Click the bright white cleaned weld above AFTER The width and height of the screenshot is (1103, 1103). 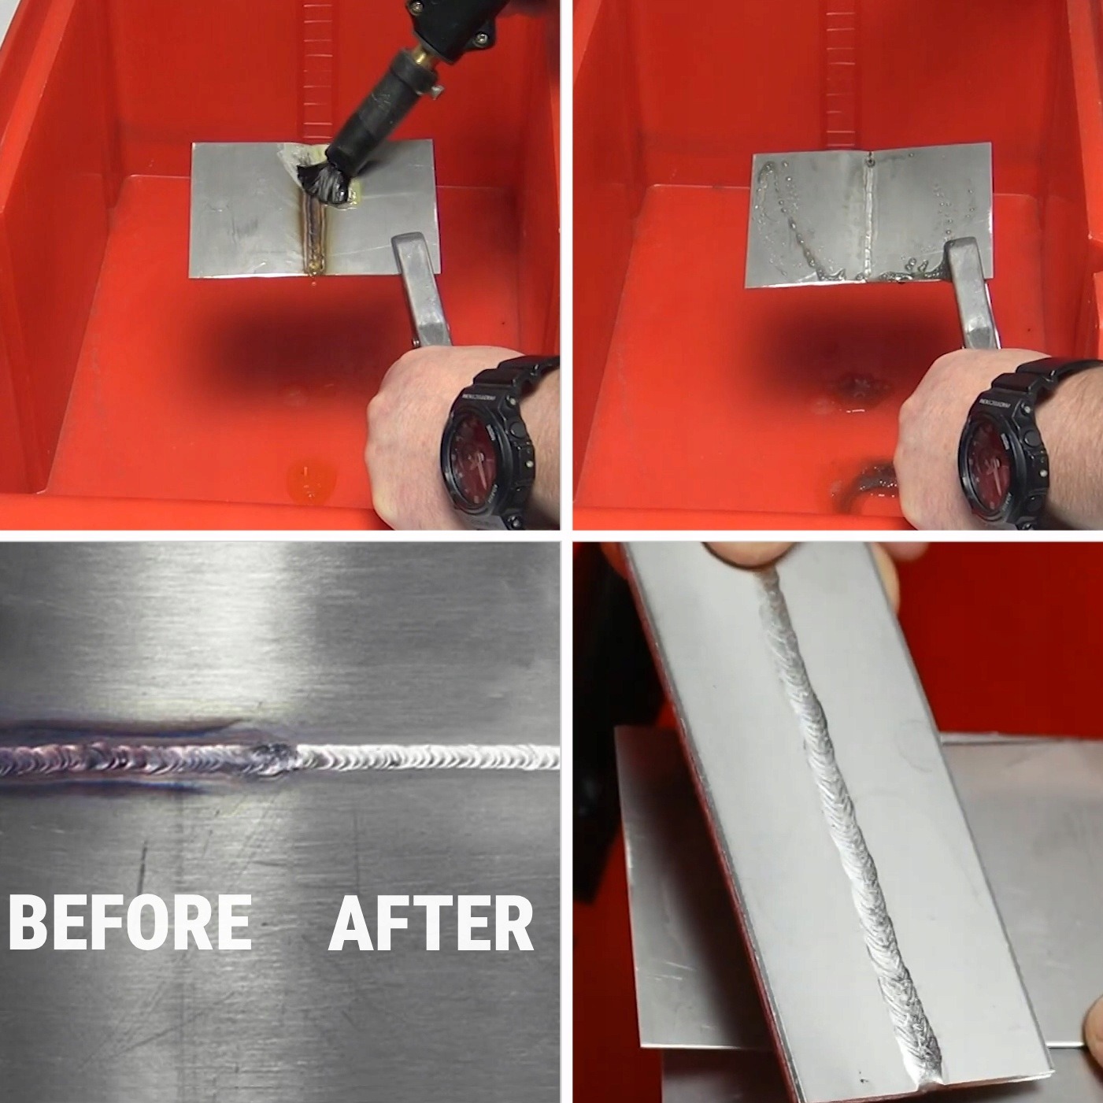(427, 757)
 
